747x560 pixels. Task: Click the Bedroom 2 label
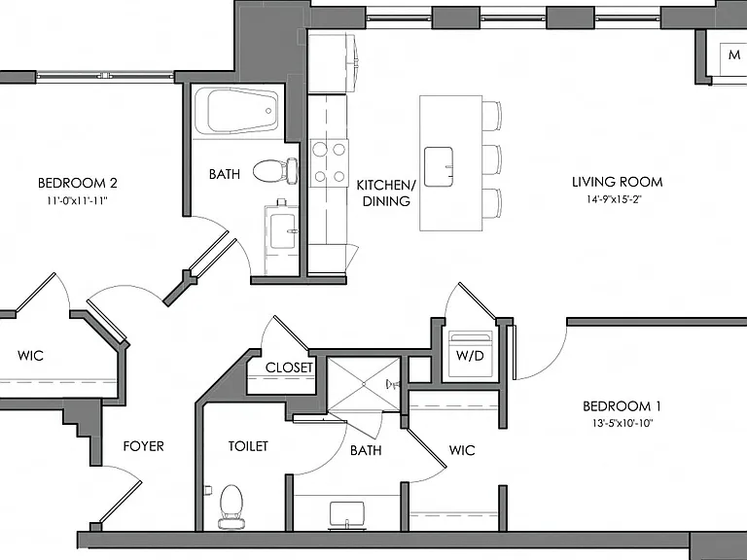pyautogui.click(x=77, y=183)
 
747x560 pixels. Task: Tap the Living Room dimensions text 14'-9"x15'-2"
pyautogui.click(x=615, y=199)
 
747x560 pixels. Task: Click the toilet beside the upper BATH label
pyautogui.click(x=275, y=170)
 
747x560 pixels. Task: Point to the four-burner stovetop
pyautogui.click(x=329, y=163)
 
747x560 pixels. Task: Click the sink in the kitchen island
pyautogui.click(x=439, y=166)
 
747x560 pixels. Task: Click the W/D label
pyautogui.click(x=470, y=355)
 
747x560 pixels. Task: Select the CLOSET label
pyautogui.click(x=289, y=367)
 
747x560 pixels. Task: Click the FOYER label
pyautogui.click(x=143, y=446)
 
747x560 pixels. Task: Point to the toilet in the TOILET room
pyautogui.click(x=231, y=507)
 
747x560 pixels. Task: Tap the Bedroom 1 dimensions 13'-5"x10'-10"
pyautogui.click(x=622, y=423)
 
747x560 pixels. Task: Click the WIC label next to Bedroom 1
pyautogui.click(x=462, y=450)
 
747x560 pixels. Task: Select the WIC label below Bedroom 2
pyautogui.click(x=30, y=355)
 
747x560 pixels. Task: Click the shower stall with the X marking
pyautogui.click(x=364, y=384)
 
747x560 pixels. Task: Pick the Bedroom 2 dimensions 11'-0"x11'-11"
pyautogui.click(x=77, y=201)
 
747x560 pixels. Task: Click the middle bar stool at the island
pyautogui.click(x=492, y=159)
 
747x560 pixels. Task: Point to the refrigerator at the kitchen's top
pyautogui.click(x=333, y=62)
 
